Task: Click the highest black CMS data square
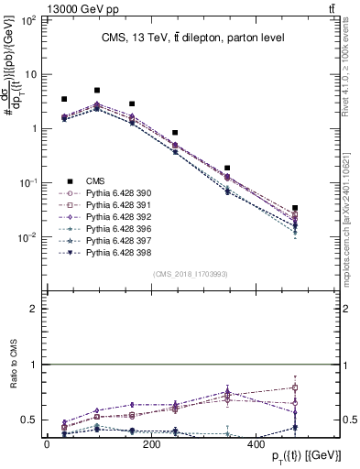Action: click(97, 91)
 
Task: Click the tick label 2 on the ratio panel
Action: click(34, 310)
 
